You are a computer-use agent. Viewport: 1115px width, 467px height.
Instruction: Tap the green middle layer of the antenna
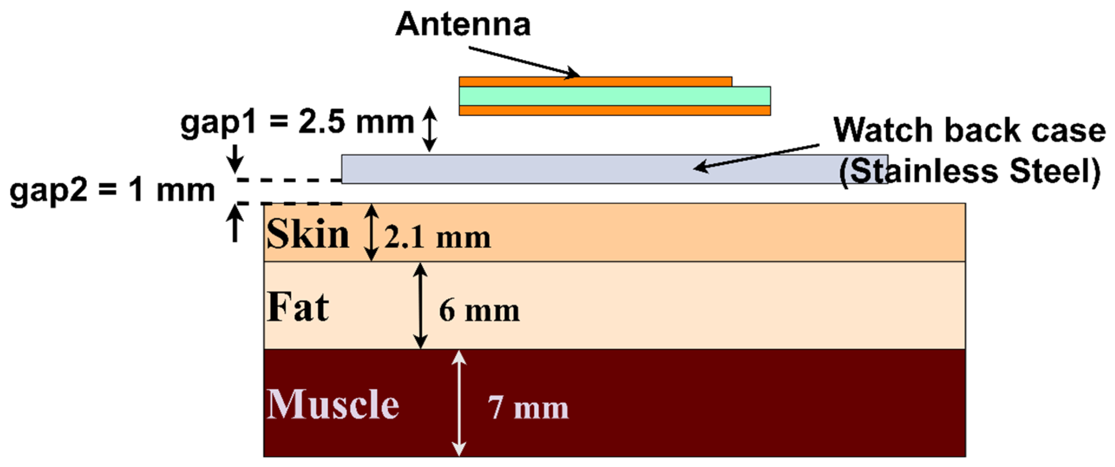[615, 96]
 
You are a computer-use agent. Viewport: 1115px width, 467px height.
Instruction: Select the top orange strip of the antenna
[595, 81]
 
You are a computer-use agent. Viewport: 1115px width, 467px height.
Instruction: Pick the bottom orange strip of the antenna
[615, 110]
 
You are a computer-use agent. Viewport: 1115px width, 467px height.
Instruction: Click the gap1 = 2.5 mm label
[297, 123]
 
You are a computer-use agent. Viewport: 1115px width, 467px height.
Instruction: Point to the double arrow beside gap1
[429, 129]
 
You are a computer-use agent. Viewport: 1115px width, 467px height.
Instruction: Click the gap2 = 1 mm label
[112, 191]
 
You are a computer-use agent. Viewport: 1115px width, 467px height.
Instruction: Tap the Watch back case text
[969, 130]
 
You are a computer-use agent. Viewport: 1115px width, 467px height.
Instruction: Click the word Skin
[308, 234]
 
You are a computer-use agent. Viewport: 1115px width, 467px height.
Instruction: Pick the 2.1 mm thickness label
[437, 237]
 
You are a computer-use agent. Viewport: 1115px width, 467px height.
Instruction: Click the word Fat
[298, 307]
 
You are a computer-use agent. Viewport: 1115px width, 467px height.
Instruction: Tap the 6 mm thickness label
[479, 310]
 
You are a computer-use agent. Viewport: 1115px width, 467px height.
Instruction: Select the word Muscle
[333, 404]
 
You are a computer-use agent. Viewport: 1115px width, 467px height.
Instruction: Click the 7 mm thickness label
[528, 408]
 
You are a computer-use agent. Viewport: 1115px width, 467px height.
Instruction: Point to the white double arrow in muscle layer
[459, 403]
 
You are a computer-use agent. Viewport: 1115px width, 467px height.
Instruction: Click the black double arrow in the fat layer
[420, 306]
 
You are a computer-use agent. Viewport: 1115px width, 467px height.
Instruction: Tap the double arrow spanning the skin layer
[371, 232]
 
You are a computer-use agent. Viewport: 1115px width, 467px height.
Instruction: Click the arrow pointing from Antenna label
[524, 62]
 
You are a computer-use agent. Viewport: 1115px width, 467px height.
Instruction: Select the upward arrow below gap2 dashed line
[235, 223]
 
